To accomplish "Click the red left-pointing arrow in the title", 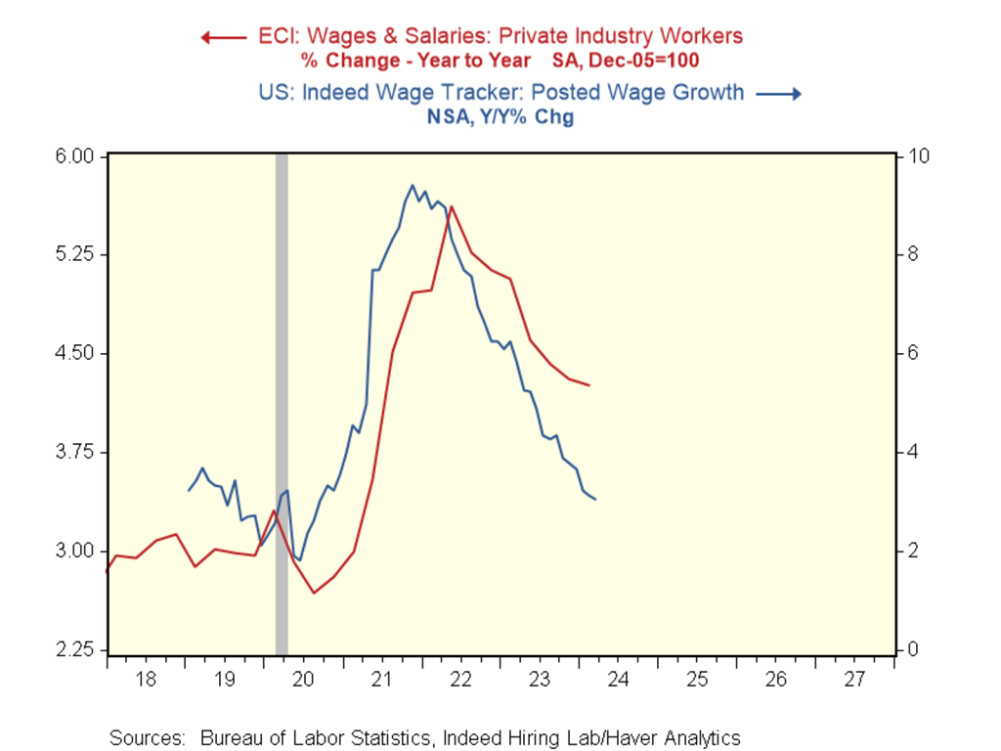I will pos(222,37).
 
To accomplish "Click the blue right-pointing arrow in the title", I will pos(782,94).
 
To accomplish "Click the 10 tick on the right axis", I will pos(922,156).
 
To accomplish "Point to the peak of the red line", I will pos(452,206).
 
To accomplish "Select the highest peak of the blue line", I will pos(413,185).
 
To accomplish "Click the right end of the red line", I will pos(589,385).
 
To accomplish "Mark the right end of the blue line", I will pos(595,500).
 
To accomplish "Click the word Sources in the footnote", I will pos(146,738).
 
